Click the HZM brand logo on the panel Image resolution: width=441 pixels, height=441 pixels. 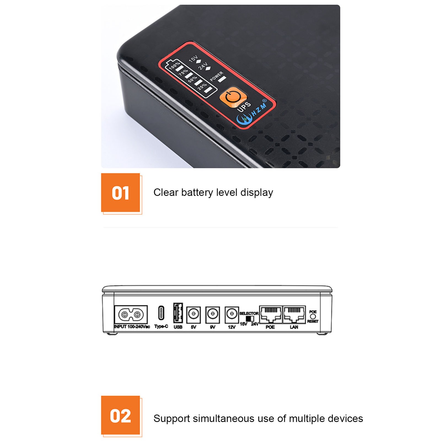click(252, 112)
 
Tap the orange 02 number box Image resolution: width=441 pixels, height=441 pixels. click(120, 415)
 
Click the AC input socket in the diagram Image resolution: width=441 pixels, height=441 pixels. click(131, 314)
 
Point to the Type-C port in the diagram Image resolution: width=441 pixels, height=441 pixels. click(161, 313)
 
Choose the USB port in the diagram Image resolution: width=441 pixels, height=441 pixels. click(178, 313)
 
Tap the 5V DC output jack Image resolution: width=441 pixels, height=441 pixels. click(193, 314)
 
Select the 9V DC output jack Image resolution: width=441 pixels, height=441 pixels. click(213, 314)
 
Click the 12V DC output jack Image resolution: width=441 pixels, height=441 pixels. click(232, 314)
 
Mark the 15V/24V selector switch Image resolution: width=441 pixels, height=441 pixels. click(249, 319)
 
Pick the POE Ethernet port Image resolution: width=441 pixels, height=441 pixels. click(271, 314)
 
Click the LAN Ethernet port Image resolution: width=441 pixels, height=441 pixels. click(294, 314)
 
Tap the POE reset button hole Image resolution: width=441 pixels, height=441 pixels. click(313, 316)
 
